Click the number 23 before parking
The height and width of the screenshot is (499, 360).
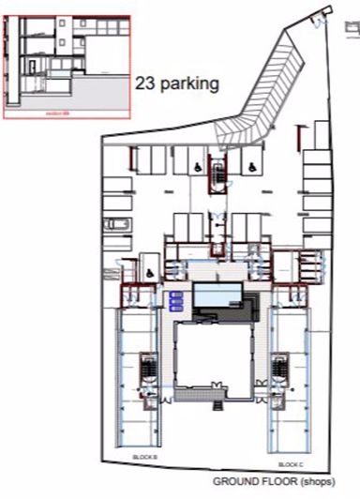point(145,84)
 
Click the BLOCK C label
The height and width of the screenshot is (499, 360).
point(290,464)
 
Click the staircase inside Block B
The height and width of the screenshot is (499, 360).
point(146,372)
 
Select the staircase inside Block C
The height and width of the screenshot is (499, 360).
point(280,372)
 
